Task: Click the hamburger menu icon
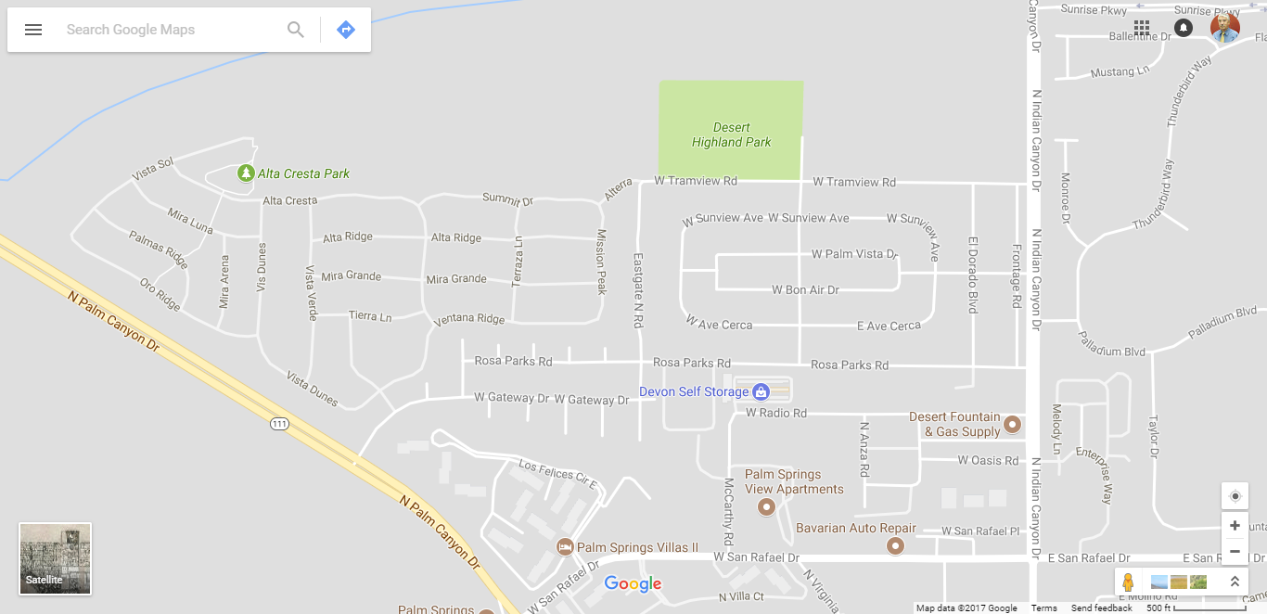pyautogui.click(x=33, y=30)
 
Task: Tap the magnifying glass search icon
pyautogui.click(x=296, y=30)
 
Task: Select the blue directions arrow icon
pyautogui.click(x=346, y=30)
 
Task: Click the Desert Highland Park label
pyautogui.click(x=731, y=134)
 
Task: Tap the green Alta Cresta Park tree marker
pyautogui.click(x=246, y=173)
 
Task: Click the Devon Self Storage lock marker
pyautogui.click(x=761, y=392)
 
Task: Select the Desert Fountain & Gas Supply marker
pyautogui.click(x=1013, y=425)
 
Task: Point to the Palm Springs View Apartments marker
pyautogui.click(x=766, y=506)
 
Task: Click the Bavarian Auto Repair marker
pyautogui.click(x=895, y=545)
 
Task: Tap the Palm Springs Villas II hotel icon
pyautogui.click(x=564, y=547)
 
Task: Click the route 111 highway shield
pyautogui.click(x=280, y=424)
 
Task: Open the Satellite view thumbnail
pyautogui.click(x=56, y=558)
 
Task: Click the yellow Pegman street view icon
pyautogui.click(x=1128, y=582)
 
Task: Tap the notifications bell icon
pyautogui.click(x=1184, y=28)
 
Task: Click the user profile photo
pyautogui.click(x=1225, y=28)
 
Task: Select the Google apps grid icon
pyautogui.click(x=1142, y=28)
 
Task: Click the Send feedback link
pyautogui.click(x=1101, y=608)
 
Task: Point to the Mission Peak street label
pyautogui.click(x=601, y=262)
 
